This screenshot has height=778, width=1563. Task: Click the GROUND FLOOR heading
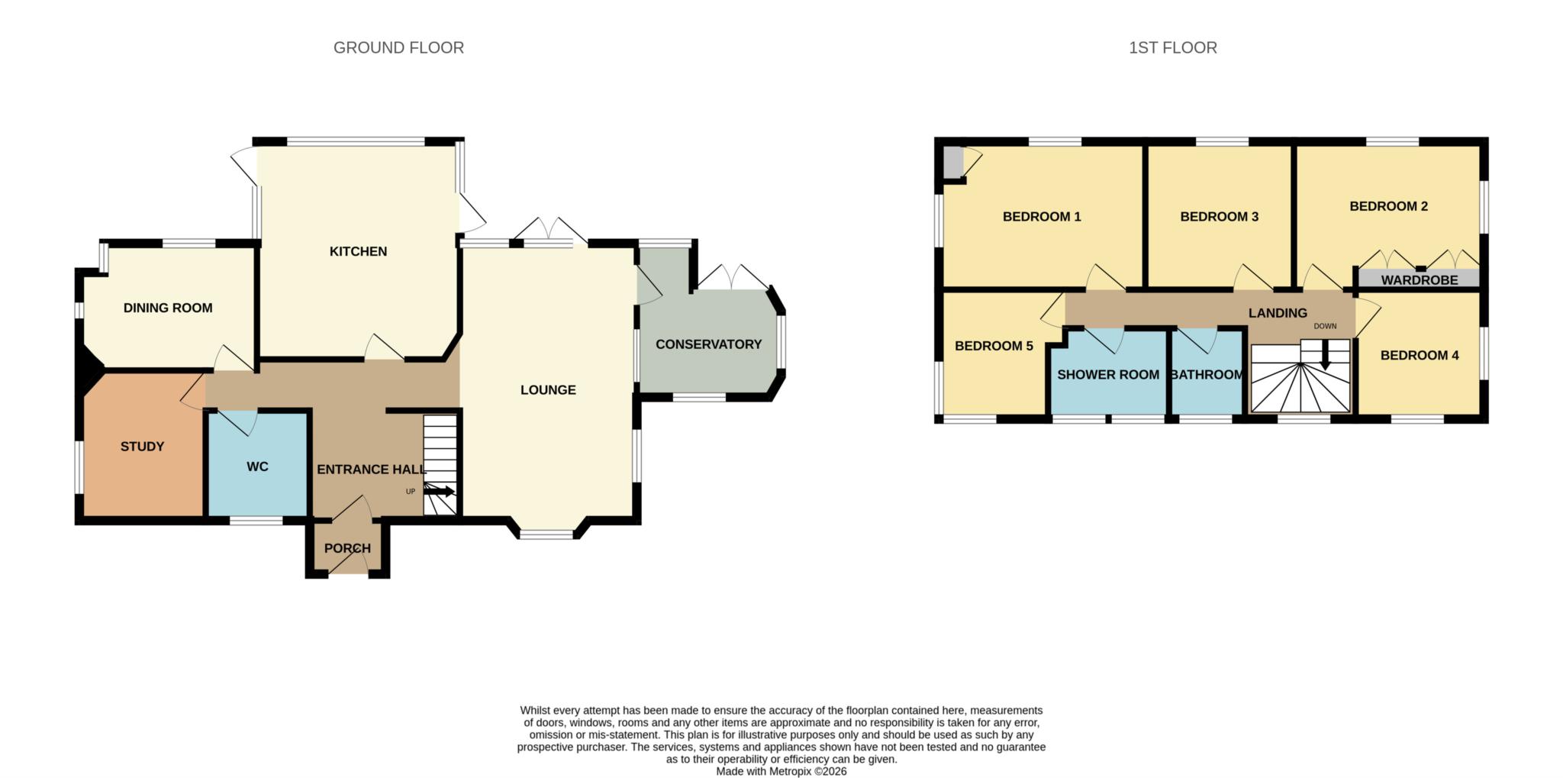398,47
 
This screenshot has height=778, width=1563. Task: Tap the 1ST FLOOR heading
1172,47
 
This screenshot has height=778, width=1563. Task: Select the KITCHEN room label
358,251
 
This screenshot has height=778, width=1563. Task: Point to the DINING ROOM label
168,308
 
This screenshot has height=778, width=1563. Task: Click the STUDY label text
142,447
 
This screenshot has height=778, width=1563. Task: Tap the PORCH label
347,548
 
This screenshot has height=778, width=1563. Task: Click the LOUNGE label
548,390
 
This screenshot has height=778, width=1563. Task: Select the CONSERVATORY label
708,344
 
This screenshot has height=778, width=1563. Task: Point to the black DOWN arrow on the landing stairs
1325,355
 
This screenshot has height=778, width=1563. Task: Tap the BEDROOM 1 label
1041,217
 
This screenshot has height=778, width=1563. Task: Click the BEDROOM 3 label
1219,217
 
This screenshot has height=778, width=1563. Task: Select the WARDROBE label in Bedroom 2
1419,280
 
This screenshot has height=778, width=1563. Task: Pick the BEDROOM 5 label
994,346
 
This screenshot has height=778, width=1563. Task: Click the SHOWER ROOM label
1107,375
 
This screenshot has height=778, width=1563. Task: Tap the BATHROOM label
1207,375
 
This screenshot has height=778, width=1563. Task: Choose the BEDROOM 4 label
1419,355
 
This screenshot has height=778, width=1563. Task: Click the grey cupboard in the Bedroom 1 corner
952,162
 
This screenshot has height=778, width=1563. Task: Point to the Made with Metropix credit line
781,771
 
